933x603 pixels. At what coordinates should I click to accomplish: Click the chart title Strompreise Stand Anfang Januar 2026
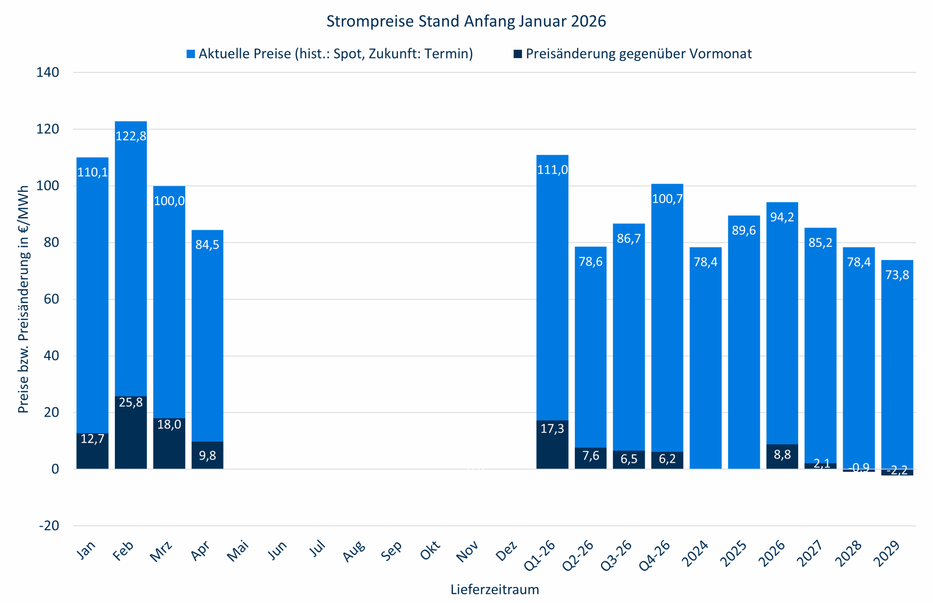[x=466, y=21]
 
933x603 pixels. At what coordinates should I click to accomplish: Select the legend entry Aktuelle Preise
[x=335, y=54]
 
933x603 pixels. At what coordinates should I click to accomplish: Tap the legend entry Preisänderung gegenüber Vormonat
[x=639, y=54]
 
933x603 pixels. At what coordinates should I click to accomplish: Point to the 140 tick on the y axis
[x=47, y=73]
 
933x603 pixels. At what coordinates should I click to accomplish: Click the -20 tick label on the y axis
[x=48, y=525]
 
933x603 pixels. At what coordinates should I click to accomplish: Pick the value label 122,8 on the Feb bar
[x=131, y=136]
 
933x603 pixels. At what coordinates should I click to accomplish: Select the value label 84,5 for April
[x=207, y=245]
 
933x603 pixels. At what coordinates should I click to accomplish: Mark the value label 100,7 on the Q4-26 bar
[x=667, y=199]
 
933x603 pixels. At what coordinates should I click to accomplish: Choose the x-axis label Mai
[x=238, y=551]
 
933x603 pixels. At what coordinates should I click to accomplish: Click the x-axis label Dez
[x=506, y=551]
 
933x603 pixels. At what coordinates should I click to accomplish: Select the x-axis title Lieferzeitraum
[x=494, y=589]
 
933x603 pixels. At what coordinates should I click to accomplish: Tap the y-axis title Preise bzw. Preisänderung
[x=23, y=299]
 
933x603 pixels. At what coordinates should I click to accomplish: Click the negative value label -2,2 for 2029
[x=897, y=470]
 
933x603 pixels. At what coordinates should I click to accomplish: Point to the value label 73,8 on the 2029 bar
[x=897, y=275]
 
